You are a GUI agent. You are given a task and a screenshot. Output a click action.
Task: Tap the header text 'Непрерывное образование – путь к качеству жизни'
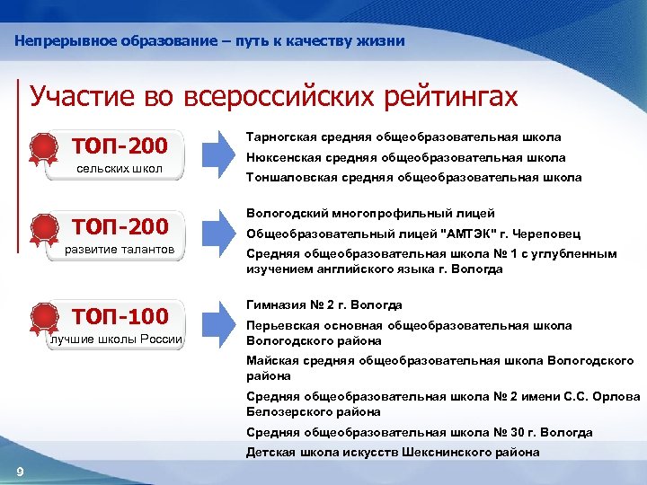tap(210, 41)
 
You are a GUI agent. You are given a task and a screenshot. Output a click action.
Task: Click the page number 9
tap(20, 473)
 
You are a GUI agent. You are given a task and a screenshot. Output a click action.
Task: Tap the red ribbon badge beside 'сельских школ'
tap(42, 150)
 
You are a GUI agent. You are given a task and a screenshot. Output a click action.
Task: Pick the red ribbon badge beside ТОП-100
tap(42, 317)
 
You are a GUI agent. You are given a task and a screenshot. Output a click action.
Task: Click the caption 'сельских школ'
tap(120, 168)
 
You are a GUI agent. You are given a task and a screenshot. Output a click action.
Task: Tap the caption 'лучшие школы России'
tap(116, 339)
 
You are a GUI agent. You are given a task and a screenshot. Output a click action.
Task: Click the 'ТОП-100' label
tap(120, 315)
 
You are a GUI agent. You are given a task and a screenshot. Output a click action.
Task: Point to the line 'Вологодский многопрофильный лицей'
tap(370, 213)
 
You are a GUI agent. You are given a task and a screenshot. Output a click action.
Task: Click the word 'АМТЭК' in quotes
tap(472, 233)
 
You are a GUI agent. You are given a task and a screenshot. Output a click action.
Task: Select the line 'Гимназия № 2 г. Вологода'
tap(323, 305)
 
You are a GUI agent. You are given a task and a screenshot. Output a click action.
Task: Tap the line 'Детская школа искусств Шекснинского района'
tap(393, 452)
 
